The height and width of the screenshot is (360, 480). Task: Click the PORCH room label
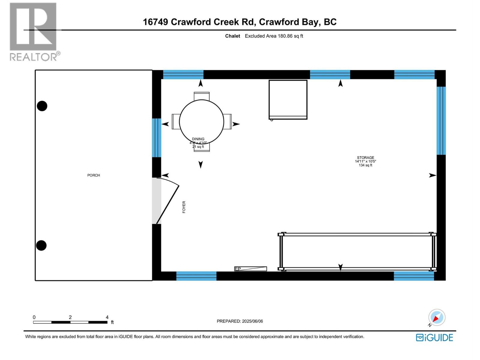[x=94, y=175]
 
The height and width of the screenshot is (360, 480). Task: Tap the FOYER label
[x=184, y=207]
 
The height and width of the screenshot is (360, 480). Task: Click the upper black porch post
[x=42, y=106]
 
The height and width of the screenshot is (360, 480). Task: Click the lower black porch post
[x=41, y=245]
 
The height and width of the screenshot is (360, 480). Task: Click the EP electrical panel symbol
[x=250, y=269]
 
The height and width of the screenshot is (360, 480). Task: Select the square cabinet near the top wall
[x=288, y=100]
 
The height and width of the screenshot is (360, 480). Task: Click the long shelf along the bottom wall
[x=357, y=251]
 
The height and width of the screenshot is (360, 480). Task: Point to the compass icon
[x=437, y=317]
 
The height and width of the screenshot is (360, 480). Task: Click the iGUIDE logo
[x=434, y=337]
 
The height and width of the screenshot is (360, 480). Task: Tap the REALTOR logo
[x=33, y=31]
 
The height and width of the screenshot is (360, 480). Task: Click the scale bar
[x=70, y=322]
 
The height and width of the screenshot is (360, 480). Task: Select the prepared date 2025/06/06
[x=240, y=321]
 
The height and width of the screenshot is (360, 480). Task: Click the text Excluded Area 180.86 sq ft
[x=274, y=36]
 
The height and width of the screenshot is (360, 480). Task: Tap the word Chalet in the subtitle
[x=232, y=36]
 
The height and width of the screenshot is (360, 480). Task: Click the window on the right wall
[x=441, y=121]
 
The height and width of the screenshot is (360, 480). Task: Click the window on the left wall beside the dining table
[x=156, y=138]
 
